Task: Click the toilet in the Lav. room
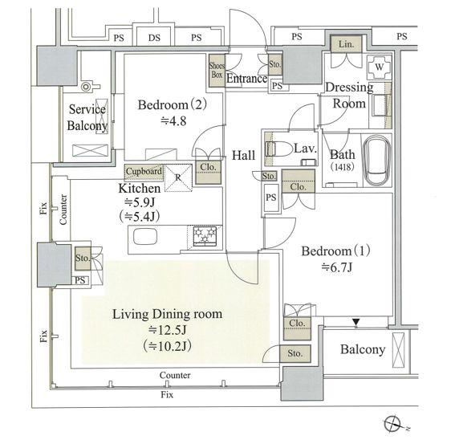(279, 149)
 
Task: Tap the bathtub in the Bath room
(376, 160)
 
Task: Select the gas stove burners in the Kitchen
(205, 235)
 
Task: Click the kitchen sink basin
(145, 236)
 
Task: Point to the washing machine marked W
(380, 67)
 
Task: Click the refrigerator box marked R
(178, 177)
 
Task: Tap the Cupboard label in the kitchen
(144, 171)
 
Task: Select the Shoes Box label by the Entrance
(217, 71)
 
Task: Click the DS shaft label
(154, 38)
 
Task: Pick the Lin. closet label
(346, 44)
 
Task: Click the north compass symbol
(393, 424)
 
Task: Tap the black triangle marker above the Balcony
(356, 322)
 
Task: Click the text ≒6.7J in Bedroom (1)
(336, 267)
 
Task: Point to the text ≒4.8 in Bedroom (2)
(173, 121)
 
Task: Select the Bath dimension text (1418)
(343, 167)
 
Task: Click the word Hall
(243, 155)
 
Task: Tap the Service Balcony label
(87, 117)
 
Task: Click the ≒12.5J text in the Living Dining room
(168, 330)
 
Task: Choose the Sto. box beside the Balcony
(295, 353)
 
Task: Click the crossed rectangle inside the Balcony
(398, 350)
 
